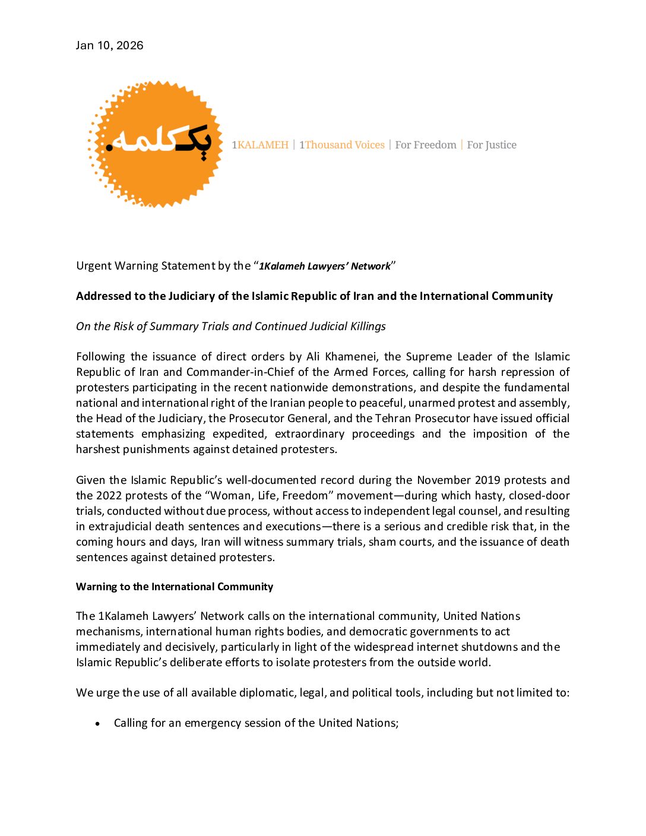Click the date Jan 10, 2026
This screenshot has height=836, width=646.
point(109,46)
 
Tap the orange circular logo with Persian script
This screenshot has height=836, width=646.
point(156,144)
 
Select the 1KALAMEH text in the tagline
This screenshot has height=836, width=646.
point(260,145)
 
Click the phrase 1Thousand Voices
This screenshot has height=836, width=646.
point(342,145)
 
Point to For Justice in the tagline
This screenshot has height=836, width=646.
point(492,145)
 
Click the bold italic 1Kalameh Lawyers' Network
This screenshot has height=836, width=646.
point(325,266)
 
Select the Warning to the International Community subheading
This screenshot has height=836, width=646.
point(175,587)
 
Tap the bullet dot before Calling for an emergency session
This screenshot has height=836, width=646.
point(98,724)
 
